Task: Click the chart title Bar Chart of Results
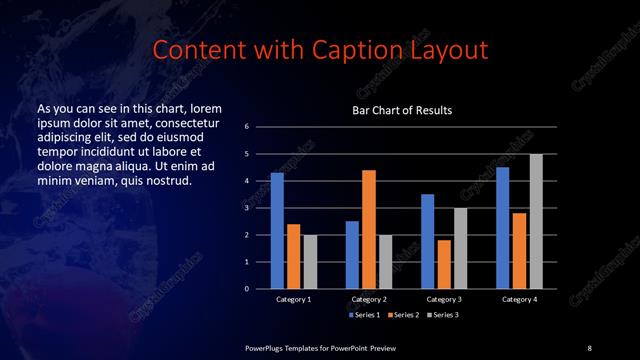[401, 110]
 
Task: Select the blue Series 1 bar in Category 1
[277, 230]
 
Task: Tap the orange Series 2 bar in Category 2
[368, 229]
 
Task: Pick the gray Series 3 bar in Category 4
[536, 221]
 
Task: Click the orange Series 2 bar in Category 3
[444, 264]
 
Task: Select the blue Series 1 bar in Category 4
[502, 228]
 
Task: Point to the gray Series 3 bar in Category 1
[310, 262]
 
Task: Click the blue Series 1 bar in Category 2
[352, 255]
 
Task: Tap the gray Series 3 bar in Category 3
[460, 248]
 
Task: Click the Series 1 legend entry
[364, 314]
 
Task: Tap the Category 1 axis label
[293, 299]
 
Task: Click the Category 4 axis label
[519, 299]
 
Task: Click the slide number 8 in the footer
[589, 347]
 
